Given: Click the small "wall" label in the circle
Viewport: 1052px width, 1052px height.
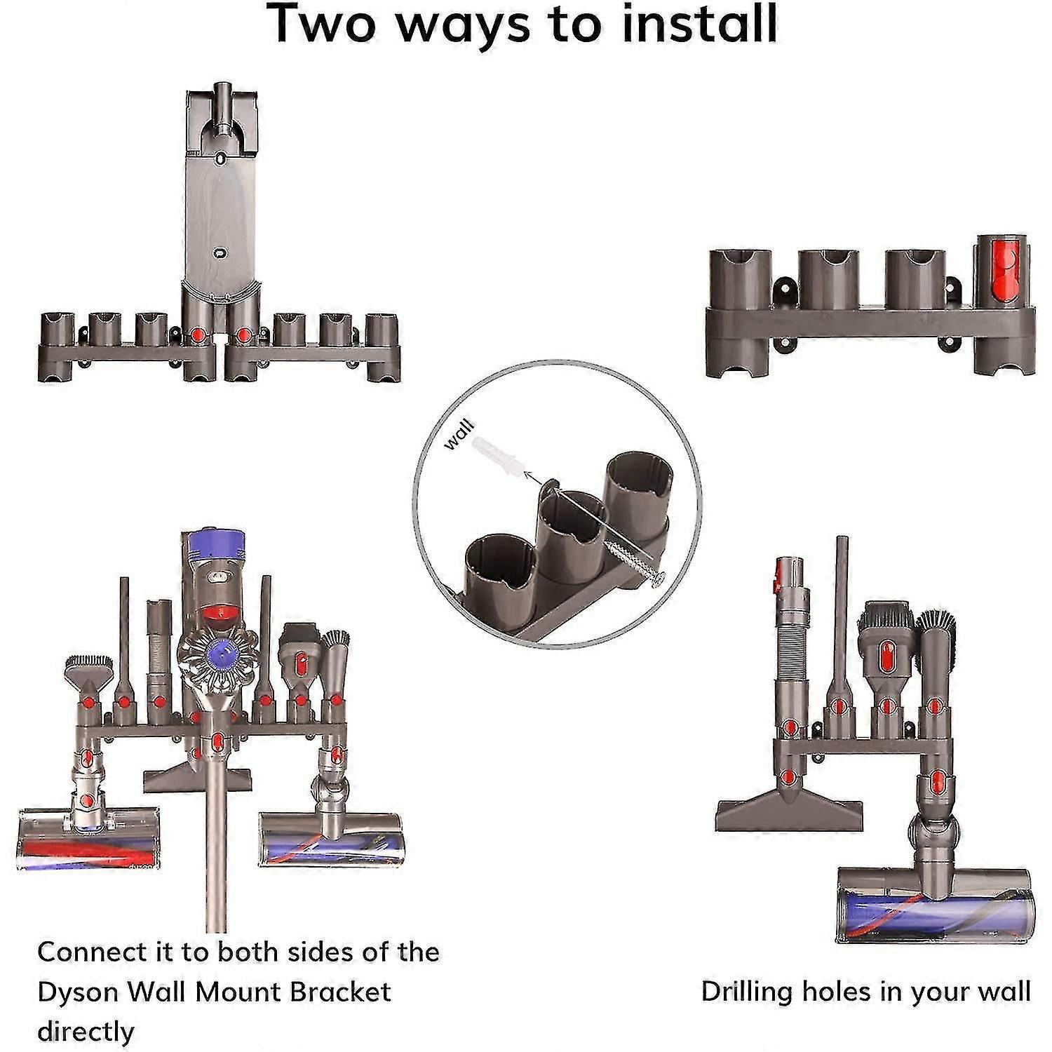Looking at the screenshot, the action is click(459, 434).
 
